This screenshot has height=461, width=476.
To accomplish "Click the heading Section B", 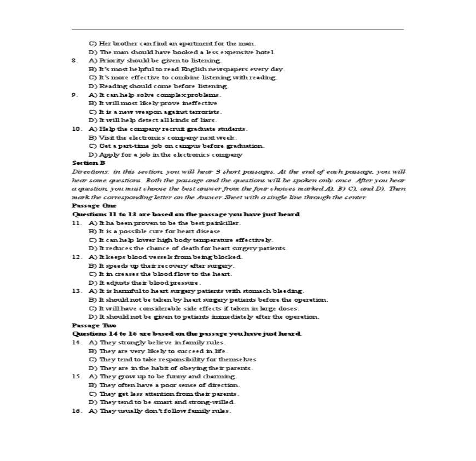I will click(x=89, y=163).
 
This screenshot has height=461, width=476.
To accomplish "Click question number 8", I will click(x=76, y=60).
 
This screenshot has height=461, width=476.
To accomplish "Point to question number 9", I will click(x=76, y=95).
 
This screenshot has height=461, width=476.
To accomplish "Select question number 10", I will click(x=77, y=129).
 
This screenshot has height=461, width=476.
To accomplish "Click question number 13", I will click(x=77, y=291).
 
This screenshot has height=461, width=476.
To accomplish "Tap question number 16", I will click(x=77, y=411).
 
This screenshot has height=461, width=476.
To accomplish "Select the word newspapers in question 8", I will click(x=225, y=69).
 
